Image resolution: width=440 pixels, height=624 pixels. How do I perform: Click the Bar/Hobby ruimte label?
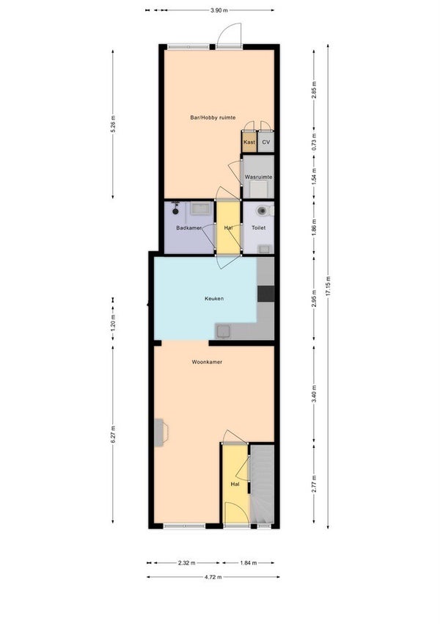[213, 117]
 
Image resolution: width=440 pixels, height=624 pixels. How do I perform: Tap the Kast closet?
[249, 142]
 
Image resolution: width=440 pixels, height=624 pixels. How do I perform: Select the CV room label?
[266, 142]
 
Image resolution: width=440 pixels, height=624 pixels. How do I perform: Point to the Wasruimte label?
[258, 177]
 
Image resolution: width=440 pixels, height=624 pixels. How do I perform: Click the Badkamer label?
[188, 228]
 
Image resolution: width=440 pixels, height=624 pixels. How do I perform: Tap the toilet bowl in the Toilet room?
[262, 211]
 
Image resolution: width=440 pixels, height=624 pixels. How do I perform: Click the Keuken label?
[214, 299]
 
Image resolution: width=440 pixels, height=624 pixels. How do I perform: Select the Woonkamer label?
[207, 362]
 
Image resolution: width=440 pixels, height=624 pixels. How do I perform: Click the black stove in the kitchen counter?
[265, 294]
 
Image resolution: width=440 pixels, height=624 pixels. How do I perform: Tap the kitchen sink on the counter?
[224, 331]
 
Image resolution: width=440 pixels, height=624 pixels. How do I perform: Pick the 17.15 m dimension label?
[328, 286]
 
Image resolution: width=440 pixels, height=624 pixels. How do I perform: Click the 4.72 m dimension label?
[213, 577]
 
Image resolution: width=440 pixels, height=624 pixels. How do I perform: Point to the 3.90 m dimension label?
[219, 10]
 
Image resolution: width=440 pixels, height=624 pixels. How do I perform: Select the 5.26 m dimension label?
[112, 124]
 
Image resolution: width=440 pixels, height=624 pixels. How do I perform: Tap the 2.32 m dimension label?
[187, 563]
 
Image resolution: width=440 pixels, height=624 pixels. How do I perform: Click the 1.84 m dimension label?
[248, 563]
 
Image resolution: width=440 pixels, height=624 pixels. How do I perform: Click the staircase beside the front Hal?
[263, 485]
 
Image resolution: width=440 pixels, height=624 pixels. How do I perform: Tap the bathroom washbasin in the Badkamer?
[201, 208]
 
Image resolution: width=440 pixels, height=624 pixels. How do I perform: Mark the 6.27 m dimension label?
[112, 435]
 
